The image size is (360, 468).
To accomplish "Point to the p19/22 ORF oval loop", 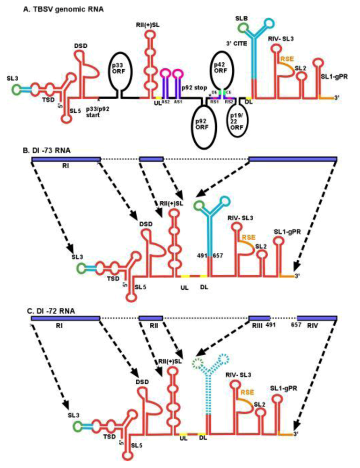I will [x=240, y=121].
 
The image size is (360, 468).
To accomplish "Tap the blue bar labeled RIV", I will [x=317, y=318].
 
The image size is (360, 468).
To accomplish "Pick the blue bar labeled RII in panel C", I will [x=151, y=318].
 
